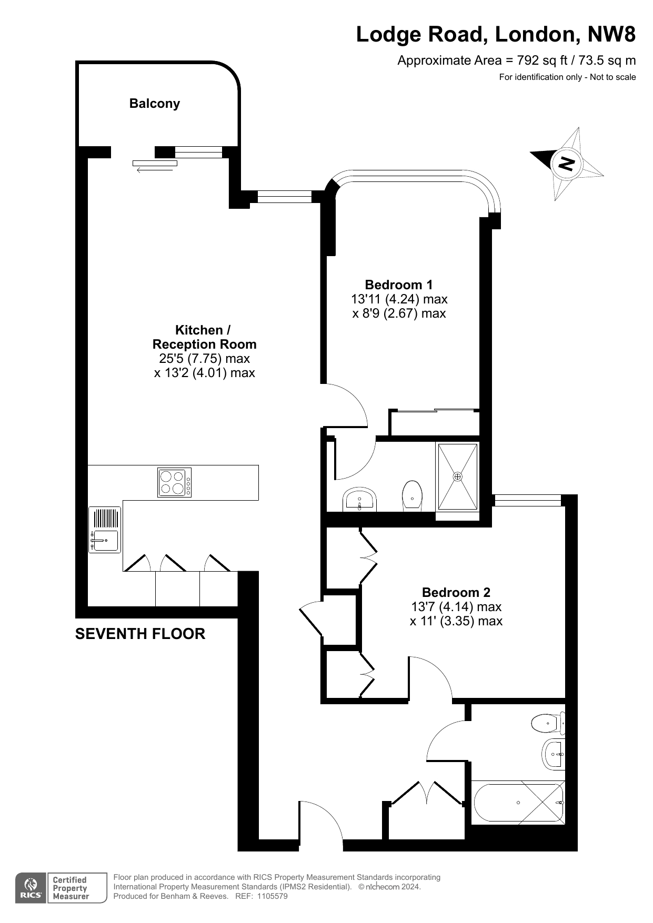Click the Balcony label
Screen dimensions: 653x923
coord(155,104)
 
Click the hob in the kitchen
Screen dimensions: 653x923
coord(175,482)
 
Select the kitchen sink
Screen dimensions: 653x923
coord(105,530)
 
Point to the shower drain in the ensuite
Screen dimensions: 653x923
coord(458,476)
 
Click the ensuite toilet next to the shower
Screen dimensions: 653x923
coord(412,495)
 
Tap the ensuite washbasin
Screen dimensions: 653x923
coord(360,499)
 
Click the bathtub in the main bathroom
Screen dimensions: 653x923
coord(518,803)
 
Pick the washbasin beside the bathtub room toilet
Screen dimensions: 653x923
coord(554,754)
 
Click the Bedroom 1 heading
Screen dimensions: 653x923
coord(399,285)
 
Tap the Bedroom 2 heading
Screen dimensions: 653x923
coord(456,593)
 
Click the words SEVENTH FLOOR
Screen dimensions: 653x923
coord(140,634)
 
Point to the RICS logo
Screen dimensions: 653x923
coord(31,888)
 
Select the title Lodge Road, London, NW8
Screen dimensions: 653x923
coord(496,35)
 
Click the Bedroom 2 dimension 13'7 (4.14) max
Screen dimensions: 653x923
coord(456,607)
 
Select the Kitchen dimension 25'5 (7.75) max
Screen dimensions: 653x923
coord(205,359)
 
